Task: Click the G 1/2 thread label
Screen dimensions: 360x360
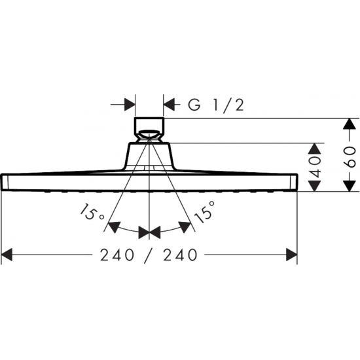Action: pyautogui.click(x=216, y=105)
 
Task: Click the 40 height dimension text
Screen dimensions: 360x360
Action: pyautogui.click(x=315, y=168)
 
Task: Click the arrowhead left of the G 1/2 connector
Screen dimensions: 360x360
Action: pyautogui.click(x=128, y=104)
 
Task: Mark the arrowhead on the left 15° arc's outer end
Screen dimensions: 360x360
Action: pyautogui.click(x=113, y=228)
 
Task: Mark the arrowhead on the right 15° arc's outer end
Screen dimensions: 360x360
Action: pyautogui.click(x=187, y=228)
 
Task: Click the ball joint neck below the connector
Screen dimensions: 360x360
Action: pyautogui.click(x=151, y=139)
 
